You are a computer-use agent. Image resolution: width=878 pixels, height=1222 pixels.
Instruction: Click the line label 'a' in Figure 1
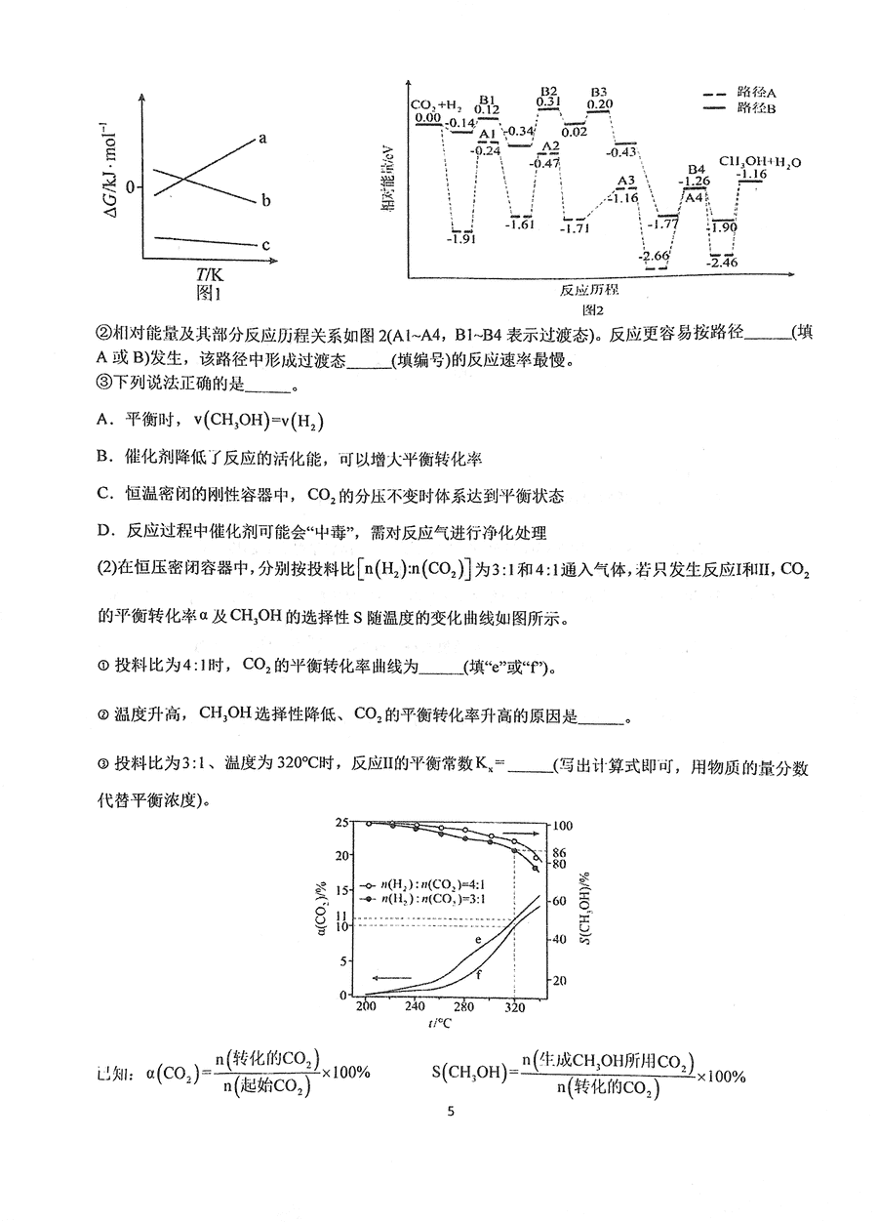(x=262, y=139)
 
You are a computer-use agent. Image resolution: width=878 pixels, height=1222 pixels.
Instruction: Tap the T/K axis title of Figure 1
(x=209, y=274)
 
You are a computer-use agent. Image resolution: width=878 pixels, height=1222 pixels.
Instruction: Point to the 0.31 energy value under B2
(x=549, y=102)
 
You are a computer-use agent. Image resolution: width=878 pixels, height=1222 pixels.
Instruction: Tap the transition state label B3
(x=599, y=92)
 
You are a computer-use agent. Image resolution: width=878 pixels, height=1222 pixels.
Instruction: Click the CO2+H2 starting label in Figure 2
(x=435, y=105)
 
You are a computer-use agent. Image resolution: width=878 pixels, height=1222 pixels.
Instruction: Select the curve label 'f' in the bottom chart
(x=480, y=973)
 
